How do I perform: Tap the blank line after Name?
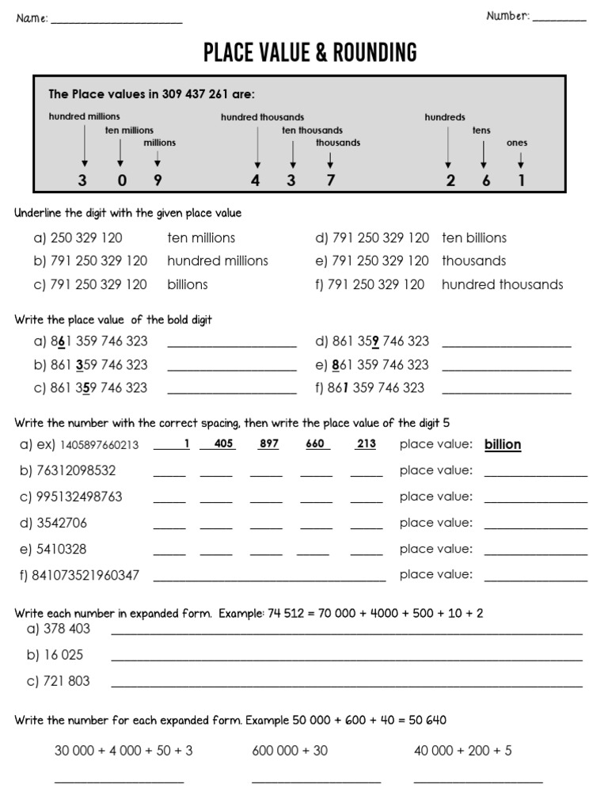pyautogui.click(x=116, y=21)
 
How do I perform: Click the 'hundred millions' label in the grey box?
pyautogui.click(x=85, y=116)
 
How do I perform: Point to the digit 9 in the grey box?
pyautogui.click(x=158, y=180)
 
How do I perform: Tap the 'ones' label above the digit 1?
pyautogui.click(x=517, y=143)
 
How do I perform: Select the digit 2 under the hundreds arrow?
pyautogui.click(x=450, y=181)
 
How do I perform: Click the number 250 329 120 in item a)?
pyautogui.click(x=86, y=238)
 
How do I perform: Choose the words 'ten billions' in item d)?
pyautogui.click(x=474, y=238)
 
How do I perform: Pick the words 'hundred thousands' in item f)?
pyautogui.click(x=503, y=284)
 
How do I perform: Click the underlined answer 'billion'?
pyautogui.click(x=503, y=445)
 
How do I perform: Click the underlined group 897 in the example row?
pyautogui.click(x=269, y=444)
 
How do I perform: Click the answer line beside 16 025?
pyautogui.click(x=347, y=659)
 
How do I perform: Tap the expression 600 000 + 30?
pyautogui.click(x=290, y=751)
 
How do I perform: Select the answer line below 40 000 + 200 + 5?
pyautogui.click(x=478, y=782)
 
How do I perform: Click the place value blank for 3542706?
pyautogui.click(x=536, y=527)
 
